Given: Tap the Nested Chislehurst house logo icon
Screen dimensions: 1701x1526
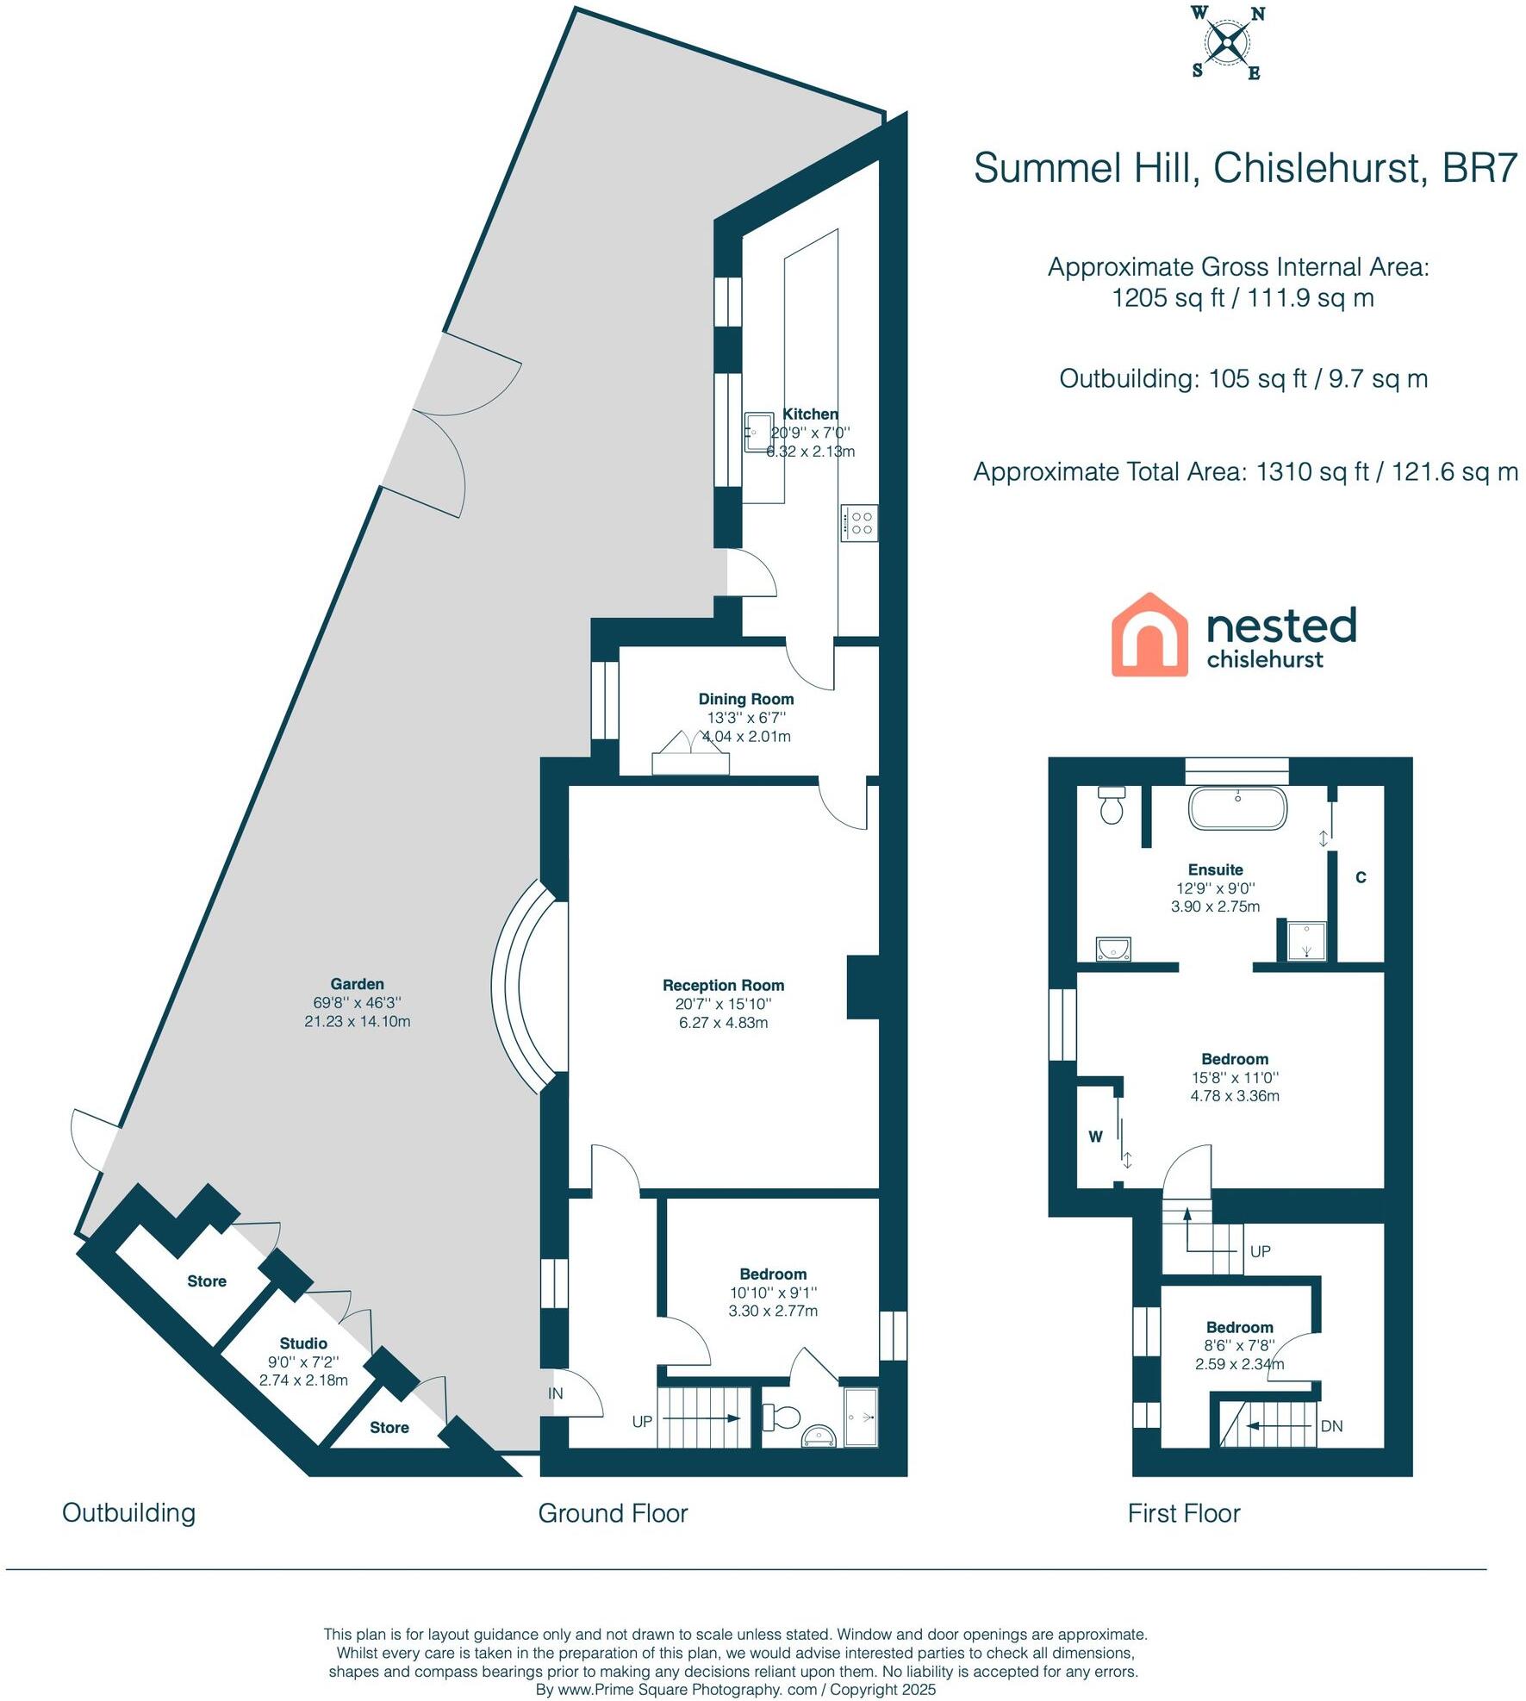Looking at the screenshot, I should (1149, 634).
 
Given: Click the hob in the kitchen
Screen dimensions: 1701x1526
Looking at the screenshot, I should (859, 523).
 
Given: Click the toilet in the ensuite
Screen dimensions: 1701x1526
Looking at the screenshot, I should (1112, 806).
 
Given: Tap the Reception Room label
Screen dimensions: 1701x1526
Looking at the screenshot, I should (723, 985).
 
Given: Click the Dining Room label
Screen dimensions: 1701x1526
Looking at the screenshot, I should (745, 699).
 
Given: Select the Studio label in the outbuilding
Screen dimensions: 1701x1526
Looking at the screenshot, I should (303, 1343).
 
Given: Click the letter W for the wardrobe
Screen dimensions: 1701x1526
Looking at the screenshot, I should (1095, 1137).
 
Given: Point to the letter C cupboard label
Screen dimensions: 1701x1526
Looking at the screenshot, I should (1361, 877).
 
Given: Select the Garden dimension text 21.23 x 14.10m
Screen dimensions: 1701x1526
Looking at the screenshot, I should (357, 1022).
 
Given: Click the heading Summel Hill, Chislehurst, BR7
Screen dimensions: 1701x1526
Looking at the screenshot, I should (1244, 168).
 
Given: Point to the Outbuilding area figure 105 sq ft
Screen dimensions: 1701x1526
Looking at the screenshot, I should (1243, 379).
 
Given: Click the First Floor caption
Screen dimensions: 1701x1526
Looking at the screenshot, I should (1184, 1513).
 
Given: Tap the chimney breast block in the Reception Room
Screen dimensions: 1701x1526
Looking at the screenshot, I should (863, 988).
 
